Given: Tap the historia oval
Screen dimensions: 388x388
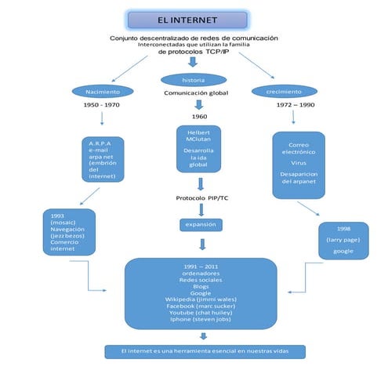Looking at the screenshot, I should click(193, 80).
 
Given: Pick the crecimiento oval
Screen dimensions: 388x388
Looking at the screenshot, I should click(284, 91).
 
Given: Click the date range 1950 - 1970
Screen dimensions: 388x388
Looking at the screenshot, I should click(101, 104).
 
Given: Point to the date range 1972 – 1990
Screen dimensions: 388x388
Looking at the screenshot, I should click(296, 104).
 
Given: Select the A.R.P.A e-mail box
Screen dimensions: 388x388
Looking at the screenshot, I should click(103, 160).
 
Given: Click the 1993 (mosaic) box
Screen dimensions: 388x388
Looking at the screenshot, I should click(69, 231).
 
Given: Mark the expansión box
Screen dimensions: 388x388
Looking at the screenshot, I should click(201, 224).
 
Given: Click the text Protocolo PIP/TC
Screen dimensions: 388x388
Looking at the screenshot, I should click(201, 198).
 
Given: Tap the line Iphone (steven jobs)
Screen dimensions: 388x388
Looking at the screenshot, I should click(201, 320).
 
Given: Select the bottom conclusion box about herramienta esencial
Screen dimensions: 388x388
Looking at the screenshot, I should click(205, 351).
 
